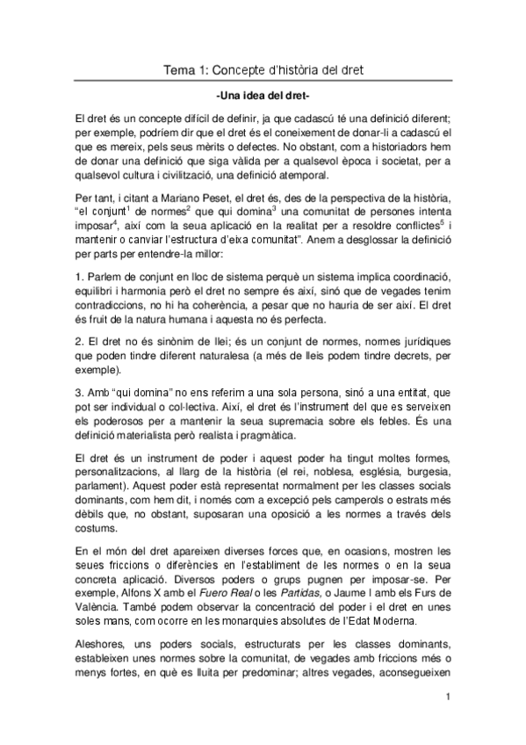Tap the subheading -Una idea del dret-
[x=263, y=96]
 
